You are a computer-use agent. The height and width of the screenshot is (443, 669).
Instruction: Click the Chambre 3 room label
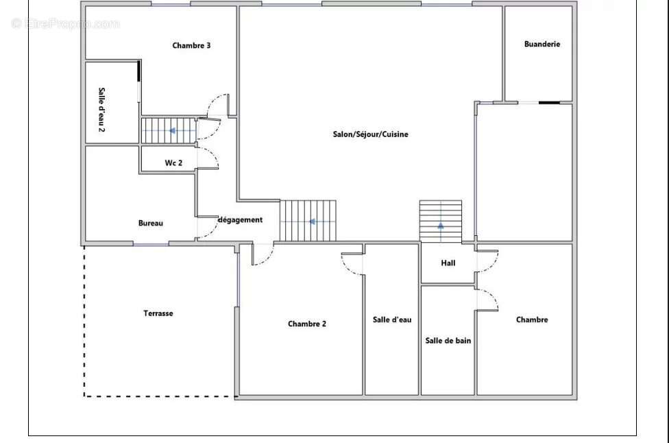[191, 45]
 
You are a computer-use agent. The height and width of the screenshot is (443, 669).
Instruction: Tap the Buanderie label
[542, 44]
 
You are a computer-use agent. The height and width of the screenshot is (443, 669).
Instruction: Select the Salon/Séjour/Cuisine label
[370, 134]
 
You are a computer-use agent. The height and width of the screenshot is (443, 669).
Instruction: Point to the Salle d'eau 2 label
[101, 110]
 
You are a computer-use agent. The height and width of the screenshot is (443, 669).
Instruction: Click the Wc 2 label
[173, 163]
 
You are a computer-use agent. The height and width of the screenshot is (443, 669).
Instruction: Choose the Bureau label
[151, 223]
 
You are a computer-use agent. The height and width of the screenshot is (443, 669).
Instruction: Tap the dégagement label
[240, 220]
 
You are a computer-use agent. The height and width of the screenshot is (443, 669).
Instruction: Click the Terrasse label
[158, 313]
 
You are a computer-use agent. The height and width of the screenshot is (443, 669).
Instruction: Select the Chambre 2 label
[307, 324]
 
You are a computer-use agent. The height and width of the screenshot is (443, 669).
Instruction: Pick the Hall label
[448, 263]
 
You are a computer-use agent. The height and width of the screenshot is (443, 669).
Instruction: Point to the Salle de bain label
[448, 341]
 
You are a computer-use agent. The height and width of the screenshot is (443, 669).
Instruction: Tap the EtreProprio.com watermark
[65, 23]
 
